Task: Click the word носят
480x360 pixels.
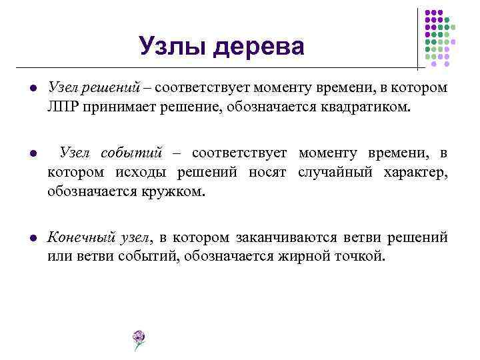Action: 269,173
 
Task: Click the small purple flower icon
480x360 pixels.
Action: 139,339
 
